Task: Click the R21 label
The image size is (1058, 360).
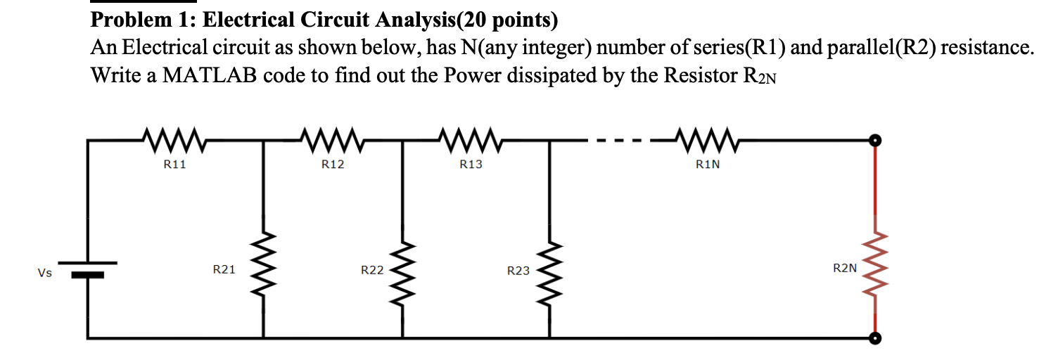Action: (x=224, y=269)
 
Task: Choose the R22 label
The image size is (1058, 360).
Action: (x=372, y=269)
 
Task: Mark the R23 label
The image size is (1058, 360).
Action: (x=518, y=270)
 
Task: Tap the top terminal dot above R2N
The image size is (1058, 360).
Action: (x=874, y=141)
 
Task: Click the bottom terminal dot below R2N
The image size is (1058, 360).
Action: (x=874, y=338)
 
